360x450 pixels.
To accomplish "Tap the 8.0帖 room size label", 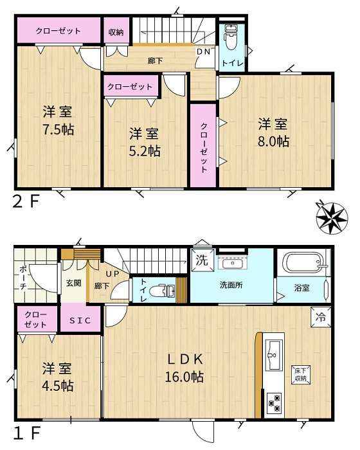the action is [273, 141].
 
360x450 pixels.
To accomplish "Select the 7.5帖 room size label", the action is [59, 129].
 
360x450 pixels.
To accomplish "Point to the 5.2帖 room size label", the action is [145, 151].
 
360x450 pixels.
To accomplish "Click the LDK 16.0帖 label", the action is [184, 368].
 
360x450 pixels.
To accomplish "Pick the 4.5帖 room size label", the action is [58, 386].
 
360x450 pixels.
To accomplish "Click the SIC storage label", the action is [80, 320].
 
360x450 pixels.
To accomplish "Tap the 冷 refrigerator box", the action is [321, 317].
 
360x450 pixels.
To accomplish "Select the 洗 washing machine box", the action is [203, 260].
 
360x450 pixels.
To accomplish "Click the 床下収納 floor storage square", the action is [301, 374].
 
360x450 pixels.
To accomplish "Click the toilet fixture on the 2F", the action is [231, 37].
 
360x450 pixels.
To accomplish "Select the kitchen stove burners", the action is [274, 402].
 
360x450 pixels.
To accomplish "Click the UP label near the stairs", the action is [113, 274].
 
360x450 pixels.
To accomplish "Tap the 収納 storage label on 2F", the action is [116, 32].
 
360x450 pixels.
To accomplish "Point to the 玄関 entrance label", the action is [74, 283].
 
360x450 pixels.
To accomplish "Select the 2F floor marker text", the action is [26, 201].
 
